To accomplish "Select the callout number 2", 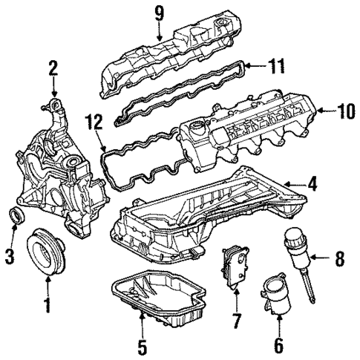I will click(x=53, y=69).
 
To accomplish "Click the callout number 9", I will click(x=158, y=12).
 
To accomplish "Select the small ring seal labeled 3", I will click(x=17, y=217).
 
